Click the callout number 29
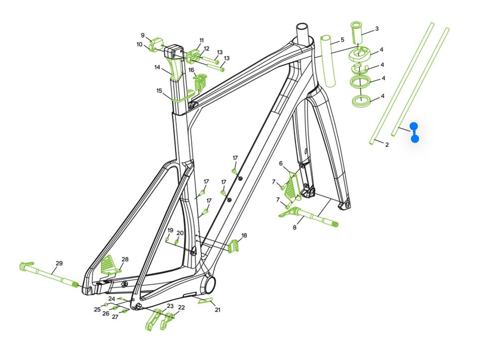click(x=59, y=263)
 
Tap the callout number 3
click(x=377, y=29)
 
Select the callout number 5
click(x=343, y=40)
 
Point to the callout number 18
click(x=244, y=236)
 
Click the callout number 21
click(x=218, y=310)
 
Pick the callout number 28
click(x=125, y=259)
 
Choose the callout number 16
click(x=191, y=70)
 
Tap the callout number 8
click(x=294, y=228)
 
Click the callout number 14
click(x=157, y=67)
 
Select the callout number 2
click(x=387, y=145)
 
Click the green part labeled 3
click(x=356, y=33)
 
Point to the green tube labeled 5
click(x=328, y=61)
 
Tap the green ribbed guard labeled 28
click(x=111, y=264)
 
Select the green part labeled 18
click(x=233, y=246)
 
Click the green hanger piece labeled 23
click(x=153, y=320)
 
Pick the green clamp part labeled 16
click(x=200, y=82)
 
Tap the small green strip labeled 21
click(x=206, y=301)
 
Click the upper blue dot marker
click(x=414, y=126)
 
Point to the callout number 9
click(x=143, y=36)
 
